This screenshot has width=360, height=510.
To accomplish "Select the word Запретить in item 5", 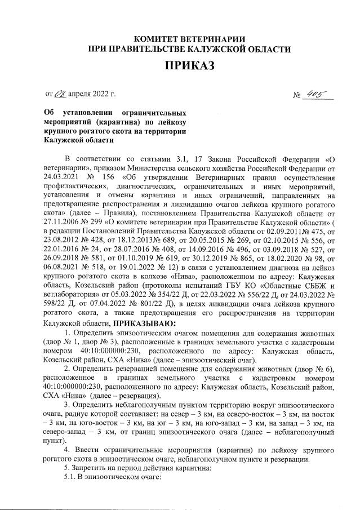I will pos(92,467).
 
